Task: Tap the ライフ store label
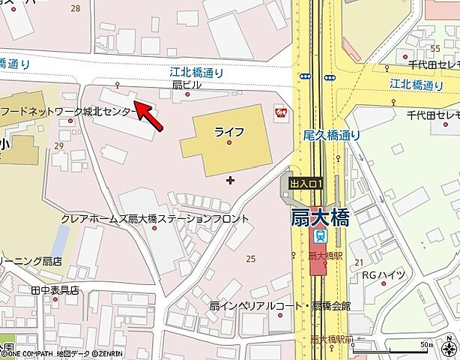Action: pyautogui.click(x=229, y=132)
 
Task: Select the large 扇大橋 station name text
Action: pyautogui.click(x=320, y=218)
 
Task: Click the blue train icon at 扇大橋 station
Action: pyautogui.click(x=321, y=237)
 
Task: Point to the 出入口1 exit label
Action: pyautogui.click(x=306, y=184)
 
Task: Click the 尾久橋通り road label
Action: pyautogui.click(x=332, y=136)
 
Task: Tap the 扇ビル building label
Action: pyautogui.click(x=187, y=85)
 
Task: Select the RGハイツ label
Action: pyautogui.click(x=384, y=275)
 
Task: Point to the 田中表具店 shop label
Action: pyautogui.click(x=55, y=289)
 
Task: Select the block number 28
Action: pyautogui.click(x=75, y=8)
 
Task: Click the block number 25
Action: pyautogui.click(x=250, y=259)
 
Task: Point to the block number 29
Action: pyautogui.click(x=58, y=145)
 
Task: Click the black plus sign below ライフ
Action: pyautogui.click(x=230, y=179)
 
